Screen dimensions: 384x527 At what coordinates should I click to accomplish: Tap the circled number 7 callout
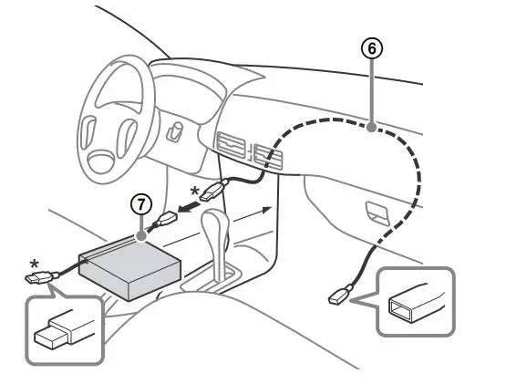coord(140,204)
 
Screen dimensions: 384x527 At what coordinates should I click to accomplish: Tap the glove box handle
coord(375,210)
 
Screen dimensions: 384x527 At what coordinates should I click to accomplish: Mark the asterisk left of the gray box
coord(35,265)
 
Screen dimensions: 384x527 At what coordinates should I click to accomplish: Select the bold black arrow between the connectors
coord(190,208)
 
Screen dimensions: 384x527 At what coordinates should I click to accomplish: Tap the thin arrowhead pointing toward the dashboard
coord(270,209)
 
